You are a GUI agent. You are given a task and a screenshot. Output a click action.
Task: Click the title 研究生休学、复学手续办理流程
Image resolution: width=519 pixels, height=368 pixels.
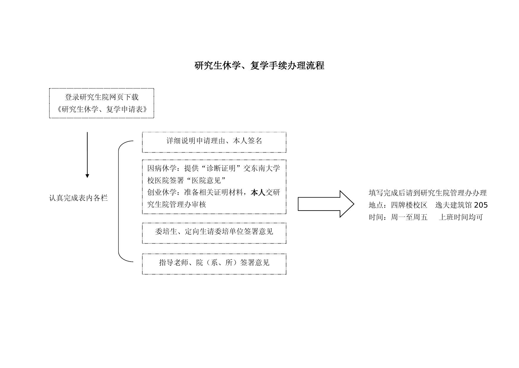[x=259, y=66]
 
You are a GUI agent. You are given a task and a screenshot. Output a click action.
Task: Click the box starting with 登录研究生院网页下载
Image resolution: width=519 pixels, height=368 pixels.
[x=101, y=103]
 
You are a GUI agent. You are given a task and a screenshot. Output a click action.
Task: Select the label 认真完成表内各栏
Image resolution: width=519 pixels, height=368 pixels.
[x=78, y=198]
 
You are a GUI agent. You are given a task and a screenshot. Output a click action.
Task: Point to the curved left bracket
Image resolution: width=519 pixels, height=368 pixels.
[x=119, y=202]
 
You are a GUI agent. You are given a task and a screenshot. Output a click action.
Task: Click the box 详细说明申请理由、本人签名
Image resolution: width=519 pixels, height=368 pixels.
[x=214, y=142]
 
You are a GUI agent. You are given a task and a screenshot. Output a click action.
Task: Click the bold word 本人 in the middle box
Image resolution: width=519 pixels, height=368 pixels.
[x=258, y=193]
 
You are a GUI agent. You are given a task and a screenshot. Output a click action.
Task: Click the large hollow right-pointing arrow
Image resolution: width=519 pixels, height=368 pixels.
[x=325, y=204]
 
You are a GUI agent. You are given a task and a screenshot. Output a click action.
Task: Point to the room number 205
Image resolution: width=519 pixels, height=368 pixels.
[x=481, y=205]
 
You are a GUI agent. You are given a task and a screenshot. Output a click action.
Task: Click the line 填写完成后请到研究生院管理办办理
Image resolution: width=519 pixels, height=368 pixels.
[x=428, y=193]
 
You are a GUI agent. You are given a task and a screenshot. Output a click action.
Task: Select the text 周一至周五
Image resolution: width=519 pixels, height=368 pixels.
[x=409, y=217]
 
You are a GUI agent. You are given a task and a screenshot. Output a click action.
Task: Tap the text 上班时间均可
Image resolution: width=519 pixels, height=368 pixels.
[x=461, y=217]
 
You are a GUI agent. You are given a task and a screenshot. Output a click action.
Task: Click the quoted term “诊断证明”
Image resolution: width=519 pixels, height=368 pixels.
[x=220, y=168]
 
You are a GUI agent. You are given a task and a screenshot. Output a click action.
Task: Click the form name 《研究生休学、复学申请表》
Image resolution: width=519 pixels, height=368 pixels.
[x=101, y=109]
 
